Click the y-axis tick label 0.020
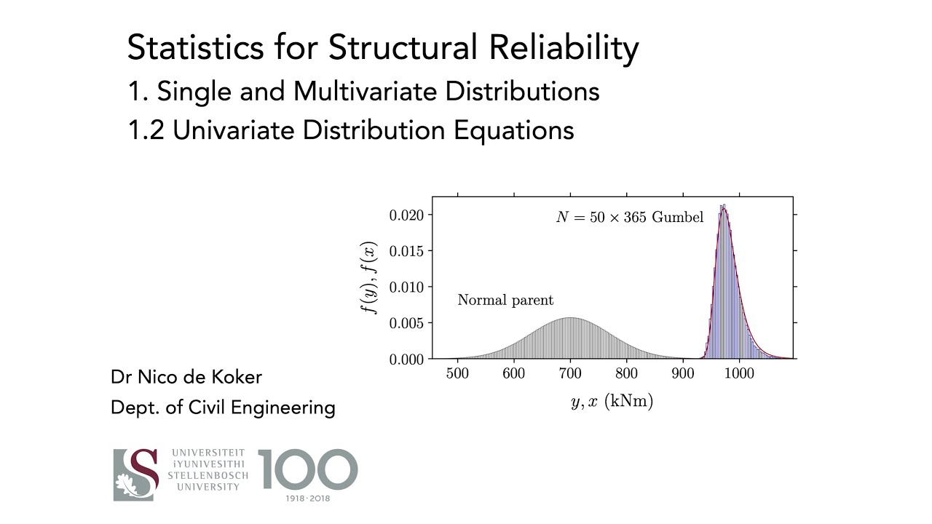(x=406, y=215)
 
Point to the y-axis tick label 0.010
(x=406, y=287)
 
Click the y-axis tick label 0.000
(x=406, y=359)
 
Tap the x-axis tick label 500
(x=457, y=374)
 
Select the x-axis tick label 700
(x=570, y=374)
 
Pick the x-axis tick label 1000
(x=739, y=374)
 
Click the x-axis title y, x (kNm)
(x=612, y=402)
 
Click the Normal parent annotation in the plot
(x=505, y=300)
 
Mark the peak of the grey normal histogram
(x=570, y=318)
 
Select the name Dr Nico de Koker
(x=186, y=377)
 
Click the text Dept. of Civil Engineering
(x=223, y=408)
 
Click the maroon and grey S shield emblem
(x=136, y=475)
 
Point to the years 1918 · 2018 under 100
(x=308, y=498)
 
